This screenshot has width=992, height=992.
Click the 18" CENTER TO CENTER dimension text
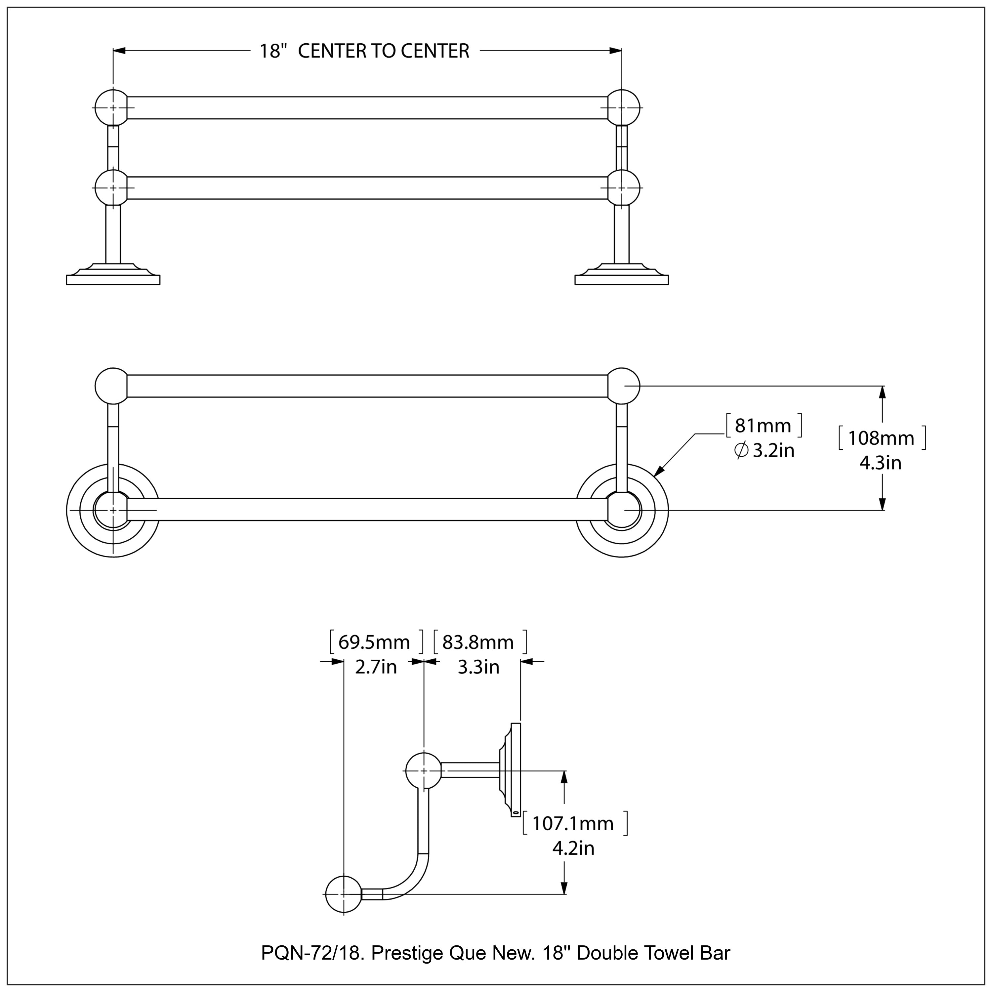point(364,51)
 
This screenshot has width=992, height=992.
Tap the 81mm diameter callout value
point(763,426)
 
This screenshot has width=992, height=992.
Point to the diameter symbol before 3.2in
point(741,451)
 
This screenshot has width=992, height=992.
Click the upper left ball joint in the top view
point(112,108)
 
